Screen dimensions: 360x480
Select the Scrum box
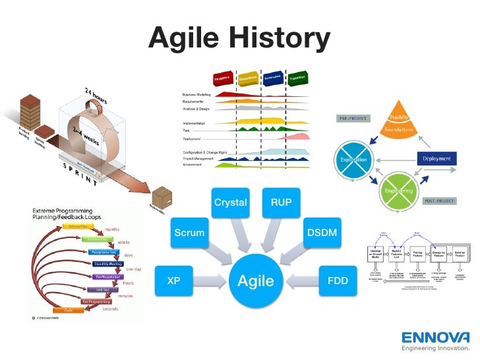tap(189, 233)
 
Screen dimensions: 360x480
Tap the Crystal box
tap(230, 202)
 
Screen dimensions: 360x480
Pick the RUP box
tap(281, 202)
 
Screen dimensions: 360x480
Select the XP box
tap(173, 280)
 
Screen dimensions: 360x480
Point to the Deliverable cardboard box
tap(161, 197)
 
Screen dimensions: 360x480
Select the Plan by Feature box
tap(417, 255)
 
